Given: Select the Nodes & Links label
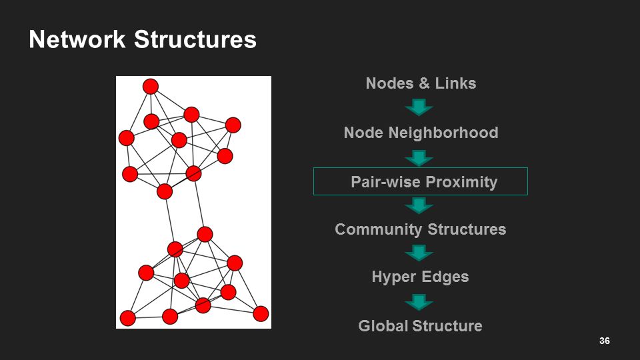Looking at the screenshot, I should (x=421, y=83).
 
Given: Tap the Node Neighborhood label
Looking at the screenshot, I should (x=421, y=133).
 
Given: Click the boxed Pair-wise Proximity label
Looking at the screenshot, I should (x=424, y=182).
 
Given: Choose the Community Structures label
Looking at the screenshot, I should (x=420, y=229).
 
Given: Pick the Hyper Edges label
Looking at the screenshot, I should (x=420, y=277).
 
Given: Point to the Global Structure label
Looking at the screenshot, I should (x=420, y=326).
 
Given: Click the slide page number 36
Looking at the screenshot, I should (x=605, y=341).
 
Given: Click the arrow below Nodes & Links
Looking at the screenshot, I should (x=419, y=107).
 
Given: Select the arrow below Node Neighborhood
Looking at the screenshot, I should (x=419, y=158).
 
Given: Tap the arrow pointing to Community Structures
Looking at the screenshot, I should (x=419, y=205).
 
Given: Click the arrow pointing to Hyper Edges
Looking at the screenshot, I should (x=419, y=253).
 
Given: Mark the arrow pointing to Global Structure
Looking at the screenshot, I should (x=419, y=302).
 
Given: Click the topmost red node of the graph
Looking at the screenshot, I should (x=151, y=87).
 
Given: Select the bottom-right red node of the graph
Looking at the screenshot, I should (x=261, y=313).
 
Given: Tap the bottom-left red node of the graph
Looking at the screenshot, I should (x=128, y=319).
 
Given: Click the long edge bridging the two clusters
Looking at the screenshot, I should (x=170, y=221).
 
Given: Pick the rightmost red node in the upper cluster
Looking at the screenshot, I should (x=233, y=125).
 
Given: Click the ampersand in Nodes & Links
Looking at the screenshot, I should (x=424, y=83).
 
